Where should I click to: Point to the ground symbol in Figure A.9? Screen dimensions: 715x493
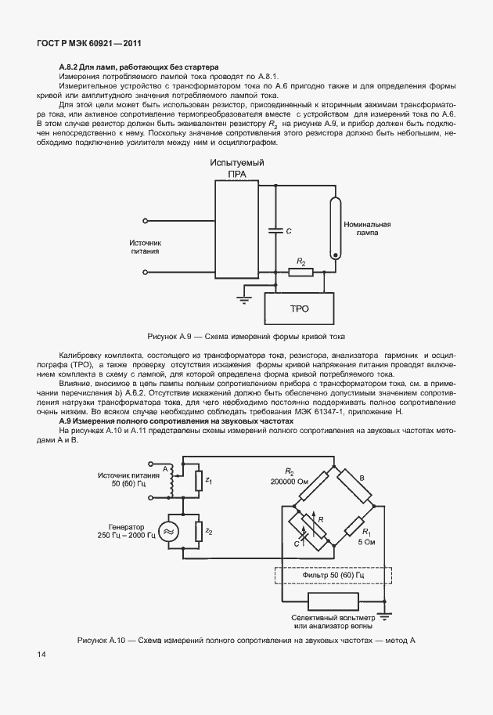click(243, 298)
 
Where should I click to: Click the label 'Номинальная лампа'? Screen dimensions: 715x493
click(366, 229)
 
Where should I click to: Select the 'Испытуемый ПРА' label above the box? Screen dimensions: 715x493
click(236, 168)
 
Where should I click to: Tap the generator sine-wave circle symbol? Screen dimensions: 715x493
click(167, 532)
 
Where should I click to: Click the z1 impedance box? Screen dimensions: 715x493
click(200, 479)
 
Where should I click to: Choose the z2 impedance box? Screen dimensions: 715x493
click(200, 532)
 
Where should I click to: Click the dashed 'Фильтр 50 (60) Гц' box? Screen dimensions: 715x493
click(333, 576)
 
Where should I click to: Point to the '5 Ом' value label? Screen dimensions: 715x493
click(365, 540)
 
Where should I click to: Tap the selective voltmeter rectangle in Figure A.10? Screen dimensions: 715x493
click(333, 603)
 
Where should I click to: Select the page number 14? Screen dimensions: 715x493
click(40, 653)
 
